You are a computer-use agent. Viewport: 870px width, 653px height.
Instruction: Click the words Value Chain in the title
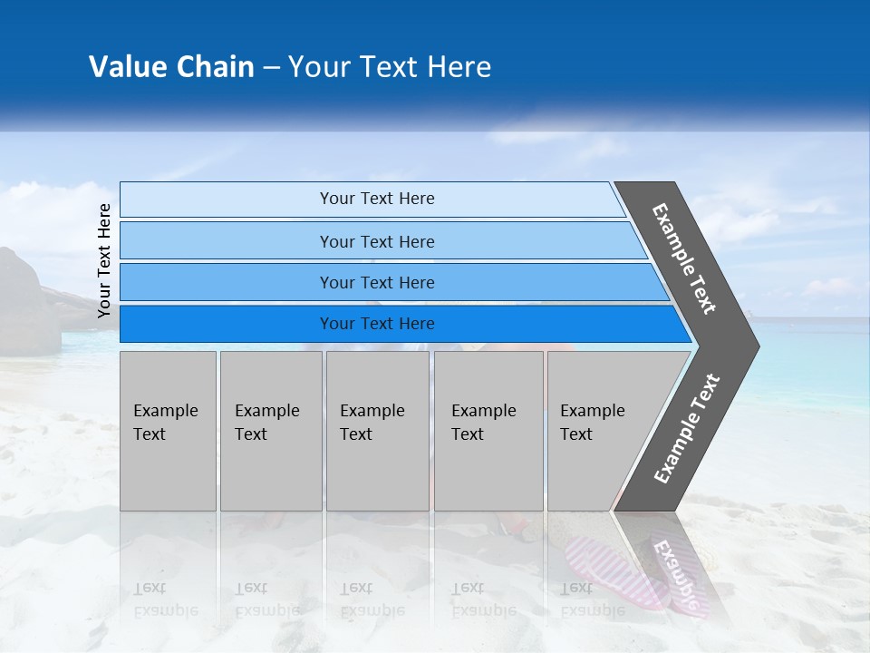coord(171,66)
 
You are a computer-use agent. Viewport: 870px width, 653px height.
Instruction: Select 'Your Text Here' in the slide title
coord(390,66)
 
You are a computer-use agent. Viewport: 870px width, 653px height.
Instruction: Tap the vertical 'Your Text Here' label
coord(104,260)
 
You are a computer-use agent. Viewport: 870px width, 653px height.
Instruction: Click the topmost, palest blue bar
coord(376,199)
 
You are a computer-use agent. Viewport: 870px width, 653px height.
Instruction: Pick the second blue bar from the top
coord(376,241)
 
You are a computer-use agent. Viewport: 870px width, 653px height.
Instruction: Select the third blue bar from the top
coord(376,282)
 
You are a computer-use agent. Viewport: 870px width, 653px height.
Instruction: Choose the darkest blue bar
coord(376,324)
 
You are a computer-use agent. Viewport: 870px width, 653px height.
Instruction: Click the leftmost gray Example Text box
coord(168,431)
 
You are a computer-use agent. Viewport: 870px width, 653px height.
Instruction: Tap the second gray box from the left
coord(270,431)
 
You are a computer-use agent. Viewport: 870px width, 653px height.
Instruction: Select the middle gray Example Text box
coord(377,431)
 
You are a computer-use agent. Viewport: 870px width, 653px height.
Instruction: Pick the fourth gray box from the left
coord(488,431)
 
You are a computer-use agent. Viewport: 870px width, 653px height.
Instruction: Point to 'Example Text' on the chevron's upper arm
coord(684,258)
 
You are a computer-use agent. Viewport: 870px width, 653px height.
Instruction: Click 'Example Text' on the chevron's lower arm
coord(687,428)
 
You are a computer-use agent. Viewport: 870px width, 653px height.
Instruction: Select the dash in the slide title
coord(271,67)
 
